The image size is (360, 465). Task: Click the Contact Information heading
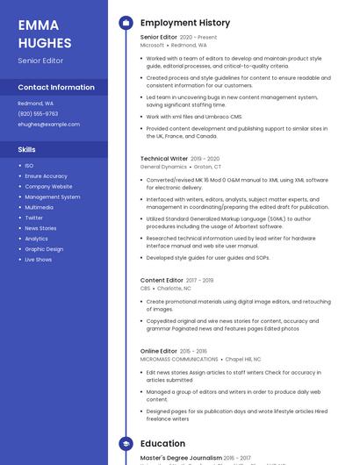[56, 87]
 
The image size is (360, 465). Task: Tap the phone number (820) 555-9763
[38, 113]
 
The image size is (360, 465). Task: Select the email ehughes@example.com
[48, 124]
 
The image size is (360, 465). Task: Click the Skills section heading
[26, 149]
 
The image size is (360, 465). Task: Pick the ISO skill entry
[29, 165]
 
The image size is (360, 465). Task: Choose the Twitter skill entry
[33, 218]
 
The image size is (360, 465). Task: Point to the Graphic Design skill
[44, 249]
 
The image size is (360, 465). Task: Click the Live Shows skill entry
[38, 260]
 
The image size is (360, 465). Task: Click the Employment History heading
[185, 23]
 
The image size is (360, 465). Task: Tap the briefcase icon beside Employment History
[126, 23]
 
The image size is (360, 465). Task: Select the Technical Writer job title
[163, 159]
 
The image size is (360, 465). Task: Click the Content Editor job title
[162, 280]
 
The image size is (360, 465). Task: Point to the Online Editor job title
[159, 351]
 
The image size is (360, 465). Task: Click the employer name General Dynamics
[163, 167]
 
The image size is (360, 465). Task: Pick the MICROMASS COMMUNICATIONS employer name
[179, 359]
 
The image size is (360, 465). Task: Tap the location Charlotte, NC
[174, 288]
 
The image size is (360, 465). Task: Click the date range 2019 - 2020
[205, 159]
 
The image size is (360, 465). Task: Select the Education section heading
[162, 444]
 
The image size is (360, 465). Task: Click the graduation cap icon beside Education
[126, 444]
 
